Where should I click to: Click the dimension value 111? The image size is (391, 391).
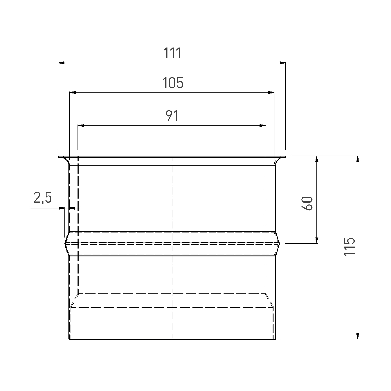tap(172, 53)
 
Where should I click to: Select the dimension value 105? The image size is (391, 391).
tap(173, 83)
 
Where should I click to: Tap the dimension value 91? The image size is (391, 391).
tap(172, 116)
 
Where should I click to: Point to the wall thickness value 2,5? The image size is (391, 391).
tap(43, 198)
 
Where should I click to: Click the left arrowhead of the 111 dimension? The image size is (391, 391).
tap(61, 63)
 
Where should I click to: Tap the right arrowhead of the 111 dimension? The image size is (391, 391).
tap(283, 63)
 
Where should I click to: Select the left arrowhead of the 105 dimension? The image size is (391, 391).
tap(73, 92)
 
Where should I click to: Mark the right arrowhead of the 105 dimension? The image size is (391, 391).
tap(271, 92)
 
